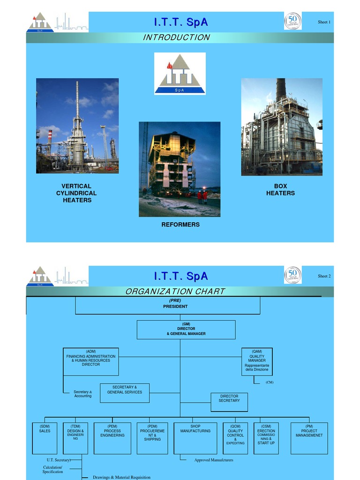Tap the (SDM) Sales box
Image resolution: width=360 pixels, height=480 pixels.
[x=45, y=438]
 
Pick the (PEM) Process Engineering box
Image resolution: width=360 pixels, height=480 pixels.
[x=112, y=438]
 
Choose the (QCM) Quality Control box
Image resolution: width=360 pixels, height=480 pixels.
[x=235, y=438]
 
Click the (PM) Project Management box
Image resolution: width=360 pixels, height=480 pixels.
[x=309, y=438]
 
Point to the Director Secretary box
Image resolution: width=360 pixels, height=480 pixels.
[x=229, y=402]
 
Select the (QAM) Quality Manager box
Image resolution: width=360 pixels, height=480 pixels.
[x=257, y=361]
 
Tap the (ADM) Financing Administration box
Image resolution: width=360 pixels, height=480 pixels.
[x=91, y=361]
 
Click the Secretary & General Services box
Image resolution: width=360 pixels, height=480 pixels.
[x=124, y=392]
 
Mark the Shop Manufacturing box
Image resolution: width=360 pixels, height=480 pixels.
[x=195, y=438]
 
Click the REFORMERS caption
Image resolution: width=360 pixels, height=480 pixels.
[x=180, y=225]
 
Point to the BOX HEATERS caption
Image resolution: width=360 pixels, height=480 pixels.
[x=280, y=189]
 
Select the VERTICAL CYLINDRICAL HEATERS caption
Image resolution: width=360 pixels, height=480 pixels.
[x=76, y=193]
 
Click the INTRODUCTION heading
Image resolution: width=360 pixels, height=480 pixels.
[x=177, y=37]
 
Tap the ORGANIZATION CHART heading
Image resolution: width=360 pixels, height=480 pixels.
[x=175, y=292]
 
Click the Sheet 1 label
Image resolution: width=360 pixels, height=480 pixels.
[x=324, y=22]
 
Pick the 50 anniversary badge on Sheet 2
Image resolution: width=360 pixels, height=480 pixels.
[x=293, y=275]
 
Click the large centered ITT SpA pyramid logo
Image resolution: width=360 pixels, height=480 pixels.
[x=180, y=73]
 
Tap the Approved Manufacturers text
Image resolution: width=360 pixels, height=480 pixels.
[x=214, y=460]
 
